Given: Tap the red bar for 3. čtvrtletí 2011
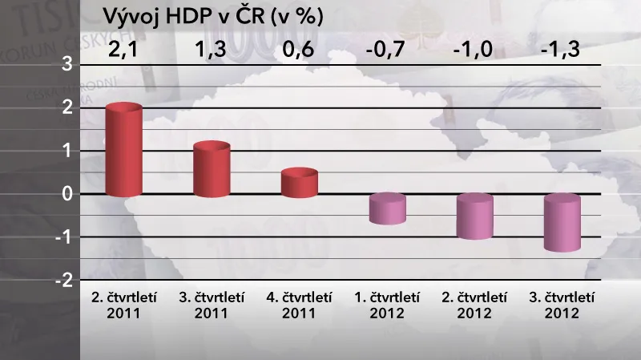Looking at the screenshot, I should [x=212, y=170].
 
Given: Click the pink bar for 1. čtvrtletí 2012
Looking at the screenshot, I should [x=388, y=208].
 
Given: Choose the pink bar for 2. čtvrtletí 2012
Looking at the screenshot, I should [x=475, y=216].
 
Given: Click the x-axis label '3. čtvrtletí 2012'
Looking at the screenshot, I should [x=562, y=305].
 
